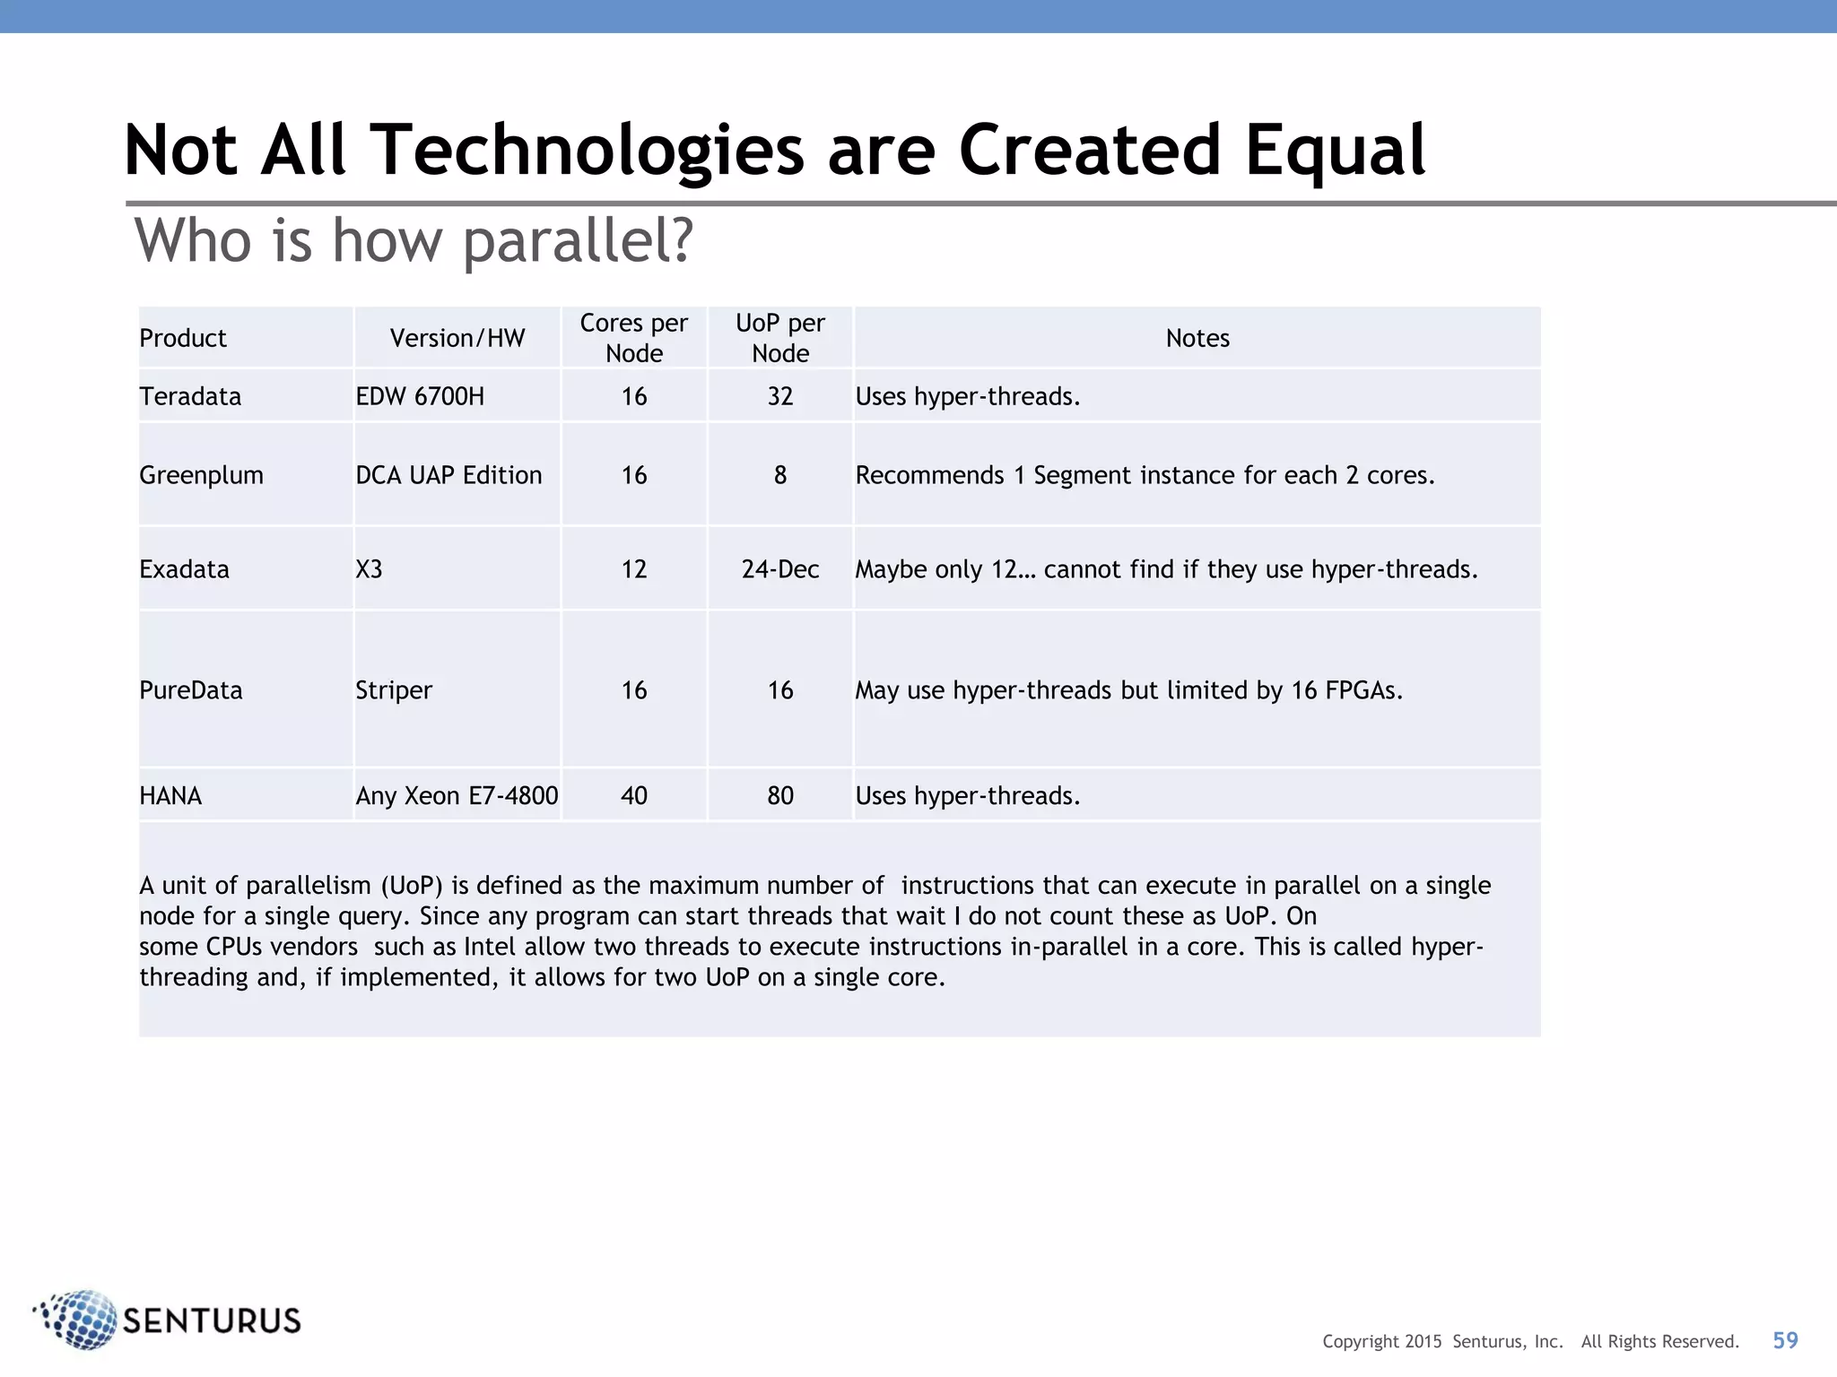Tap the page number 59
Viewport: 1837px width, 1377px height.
click(1785, 1340)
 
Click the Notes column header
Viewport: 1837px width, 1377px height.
click(1197, 338)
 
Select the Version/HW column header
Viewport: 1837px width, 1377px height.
click(457, 338)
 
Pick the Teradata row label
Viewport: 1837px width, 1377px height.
click(190, 396)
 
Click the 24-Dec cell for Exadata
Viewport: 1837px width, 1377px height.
click(780, 569)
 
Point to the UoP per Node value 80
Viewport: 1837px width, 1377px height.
click(780, 795)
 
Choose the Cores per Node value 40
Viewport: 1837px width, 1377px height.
click(634, 795)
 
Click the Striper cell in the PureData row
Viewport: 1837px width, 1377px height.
click(394, 690)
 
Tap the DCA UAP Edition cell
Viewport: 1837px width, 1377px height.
click(448, 475)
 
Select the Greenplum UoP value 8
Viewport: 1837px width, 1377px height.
click(780, 475)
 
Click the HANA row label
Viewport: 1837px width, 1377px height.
click(170, 795)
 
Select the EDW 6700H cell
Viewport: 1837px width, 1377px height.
click(420, 396)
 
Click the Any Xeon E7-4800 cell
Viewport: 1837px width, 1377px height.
click(457, 795)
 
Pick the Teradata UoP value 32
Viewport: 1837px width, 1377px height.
click(780, 396)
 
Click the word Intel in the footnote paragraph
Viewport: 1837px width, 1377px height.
click(490, 947)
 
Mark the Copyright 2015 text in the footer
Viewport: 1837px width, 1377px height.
click(1382, 1341)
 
